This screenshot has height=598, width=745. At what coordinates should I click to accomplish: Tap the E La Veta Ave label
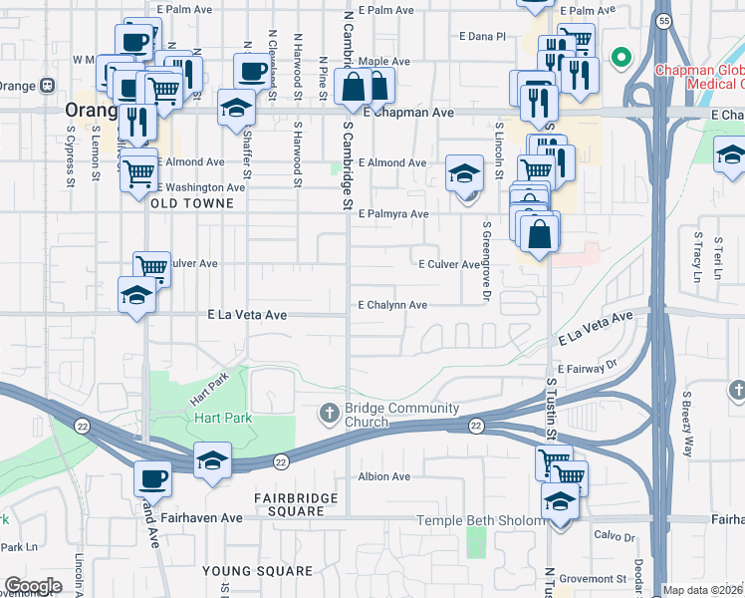247,315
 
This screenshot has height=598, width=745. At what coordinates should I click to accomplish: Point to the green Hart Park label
223,419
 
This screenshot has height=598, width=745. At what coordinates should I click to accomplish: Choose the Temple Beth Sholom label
478,520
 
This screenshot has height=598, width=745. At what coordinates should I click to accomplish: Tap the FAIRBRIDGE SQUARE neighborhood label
289,504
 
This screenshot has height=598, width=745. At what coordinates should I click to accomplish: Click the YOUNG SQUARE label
257,571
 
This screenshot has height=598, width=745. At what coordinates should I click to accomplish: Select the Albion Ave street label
384,477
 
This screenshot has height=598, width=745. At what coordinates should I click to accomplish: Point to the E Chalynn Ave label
392,305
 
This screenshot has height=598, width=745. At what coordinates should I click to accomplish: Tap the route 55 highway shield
662,20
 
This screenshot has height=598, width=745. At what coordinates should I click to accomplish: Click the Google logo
33,586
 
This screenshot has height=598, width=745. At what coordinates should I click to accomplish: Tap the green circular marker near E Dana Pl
622,57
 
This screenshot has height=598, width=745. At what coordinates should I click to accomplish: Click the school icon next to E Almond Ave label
464,175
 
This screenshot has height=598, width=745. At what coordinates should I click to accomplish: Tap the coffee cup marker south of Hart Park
152,478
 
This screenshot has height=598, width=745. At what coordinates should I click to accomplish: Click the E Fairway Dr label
589,369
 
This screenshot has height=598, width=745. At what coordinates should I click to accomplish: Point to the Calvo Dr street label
615,536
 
